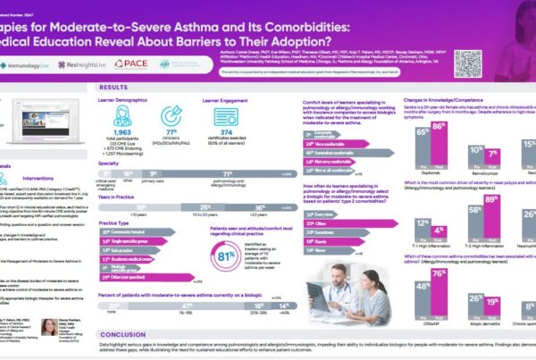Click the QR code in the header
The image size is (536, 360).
tap(467, 62)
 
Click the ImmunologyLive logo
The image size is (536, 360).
tap(26, 65)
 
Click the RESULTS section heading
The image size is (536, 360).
tap(113, 88)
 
